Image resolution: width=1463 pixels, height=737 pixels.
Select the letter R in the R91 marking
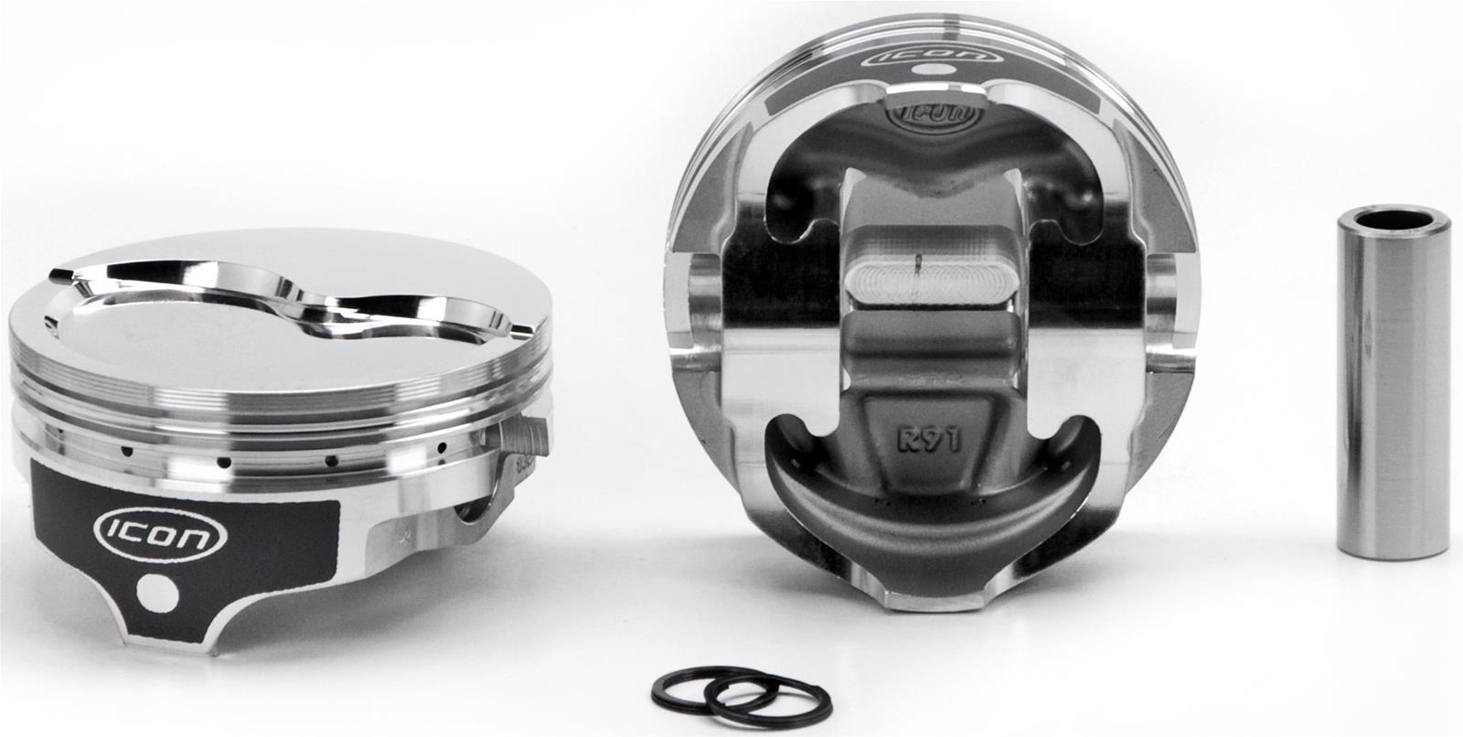tap(906, 439)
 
